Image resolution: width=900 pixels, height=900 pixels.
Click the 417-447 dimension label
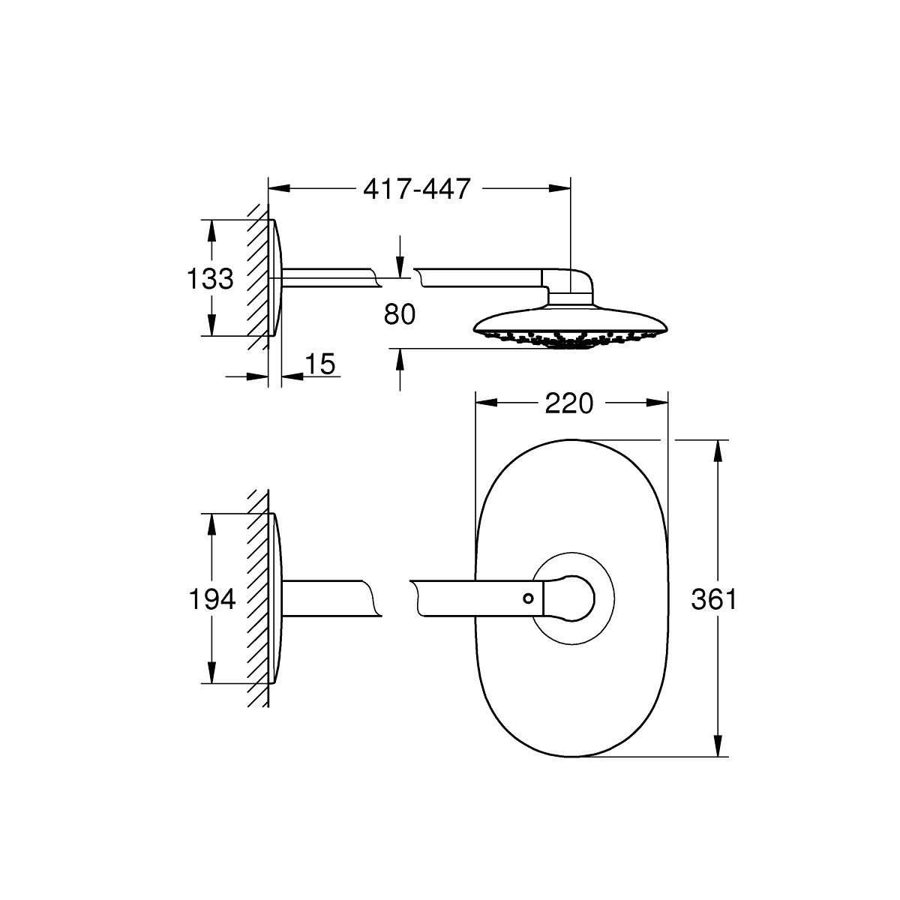click(416, 189)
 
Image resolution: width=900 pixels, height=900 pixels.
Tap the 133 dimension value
click(210, 279)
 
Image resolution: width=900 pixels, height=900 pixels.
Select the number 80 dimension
click(399, 314)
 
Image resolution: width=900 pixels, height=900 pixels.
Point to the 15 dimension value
click(320, 364)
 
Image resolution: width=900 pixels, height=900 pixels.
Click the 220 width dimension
click(568, 403)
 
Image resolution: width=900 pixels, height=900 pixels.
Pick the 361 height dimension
click(714, 599)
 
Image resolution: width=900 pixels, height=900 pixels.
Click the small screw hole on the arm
click(528, 598)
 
